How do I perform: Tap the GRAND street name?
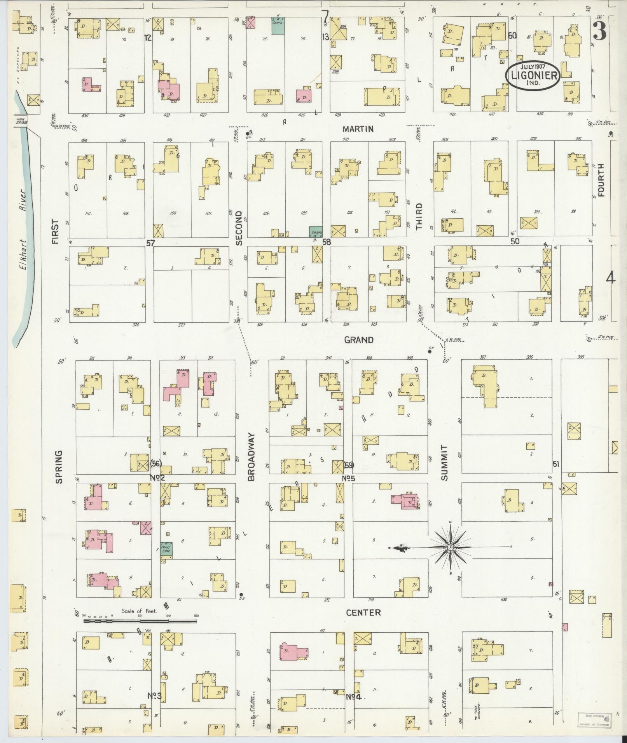pos(359,340)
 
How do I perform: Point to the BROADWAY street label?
pos(251,457)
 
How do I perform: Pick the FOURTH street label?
pos(601,180)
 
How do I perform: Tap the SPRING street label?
pos(59,467)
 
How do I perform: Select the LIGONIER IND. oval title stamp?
pos(533,75)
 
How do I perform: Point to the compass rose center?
pos(450,547)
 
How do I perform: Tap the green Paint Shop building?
pos(167,548)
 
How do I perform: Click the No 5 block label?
pos(349,478)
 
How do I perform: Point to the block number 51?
pos(556,464)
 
